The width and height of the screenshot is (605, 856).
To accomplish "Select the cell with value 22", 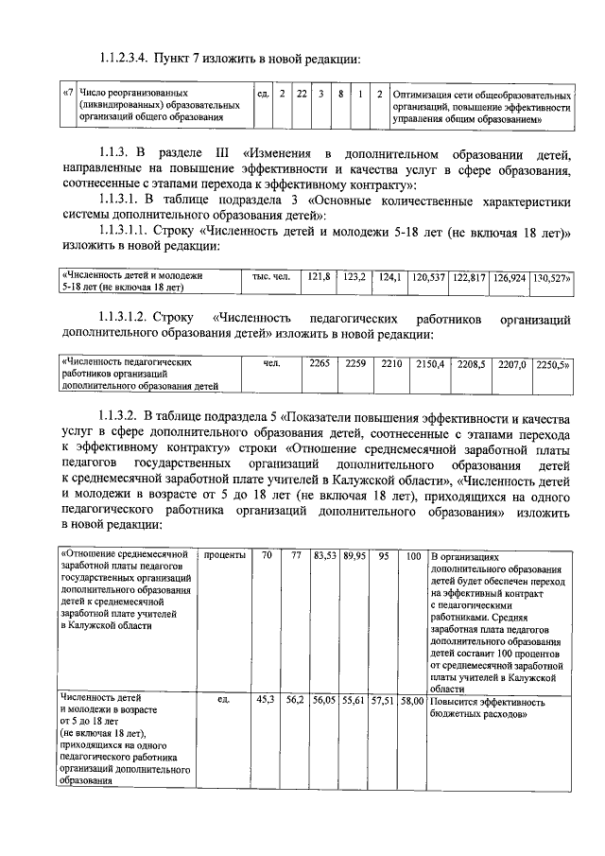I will point(302,95).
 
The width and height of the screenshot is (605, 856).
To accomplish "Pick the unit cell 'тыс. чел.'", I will point(271,277).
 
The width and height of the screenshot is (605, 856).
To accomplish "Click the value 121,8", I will point(320,277).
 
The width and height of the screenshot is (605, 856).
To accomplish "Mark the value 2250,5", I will point(551,363).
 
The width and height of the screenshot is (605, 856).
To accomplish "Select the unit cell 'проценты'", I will point(225,555).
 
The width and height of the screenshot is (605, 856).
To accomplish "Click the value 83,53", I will point(326,555).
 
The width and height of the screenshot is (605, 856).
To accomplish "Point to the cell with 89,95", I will point(355,555).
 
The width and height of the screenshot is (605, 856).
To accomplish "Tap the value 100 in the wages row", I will point(413,555).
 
